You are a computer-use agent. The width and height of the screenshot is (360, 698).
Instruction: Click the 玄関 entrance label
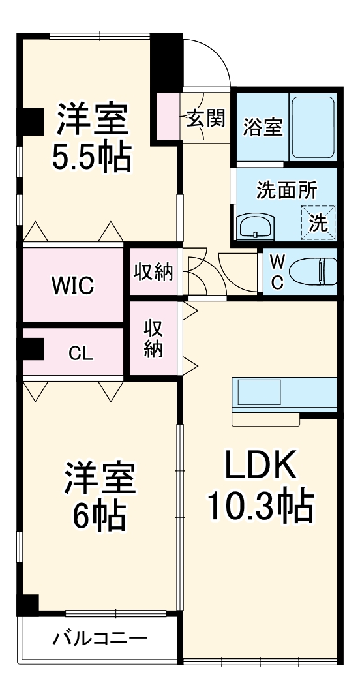pyautogui.click(x=206, y=118)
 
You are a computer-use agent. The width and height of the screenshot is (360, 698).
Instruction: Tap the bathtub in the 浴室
pyautogui.click(x=313, y=127)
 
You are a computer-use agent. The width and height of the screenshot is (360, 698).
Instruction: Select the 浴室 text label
pyautogui.click(x=263, y=127)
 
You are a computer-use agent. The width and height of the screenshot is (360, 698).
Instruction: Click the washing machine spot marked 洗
pyautogui.click(x=318, y=222)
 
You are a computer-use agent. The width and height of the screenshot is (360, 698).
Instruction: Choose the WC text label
pyautogui.click(x=277, y=272)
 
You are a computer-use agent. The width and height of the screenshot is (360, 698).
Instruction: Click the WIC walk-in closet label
pyautogui.click(x=72, y=285)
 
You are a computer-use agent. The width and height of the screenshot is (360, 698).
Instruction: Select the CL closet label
pyautogui.click(x=82, y=353)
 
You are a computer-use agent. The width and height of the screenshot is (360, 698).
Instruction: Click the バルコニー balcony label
pyautogui.click(x=100, y=637)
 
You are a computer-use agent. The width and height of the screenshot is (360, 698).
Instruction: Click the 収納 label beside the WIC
pyautogui.click(x=154, y=272)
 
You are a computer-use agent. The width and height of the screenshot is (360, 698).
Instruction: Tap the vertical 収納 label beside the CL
pyautogui.click(x=153, y=338)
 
